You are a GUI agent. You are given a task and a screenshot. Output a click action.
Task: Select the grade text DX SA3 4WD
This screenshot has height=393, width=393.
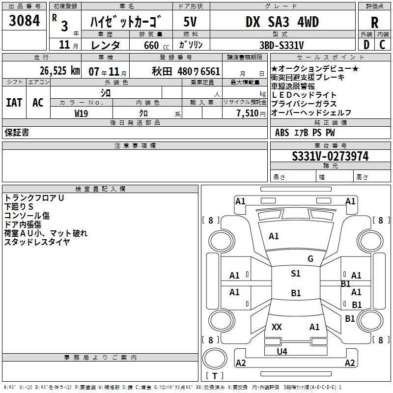tap(282, 22)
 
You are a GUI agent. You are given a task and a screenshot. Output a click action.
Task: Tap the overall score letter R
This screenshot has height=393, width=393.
tap(374, 22)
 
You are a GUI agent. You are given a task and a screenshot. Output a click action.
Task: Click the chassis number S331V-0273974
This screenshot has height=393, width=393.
tap(330, 156)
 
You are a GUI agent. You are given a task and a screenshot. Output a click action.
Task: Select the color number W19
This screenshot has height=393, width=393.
tap(82, 112)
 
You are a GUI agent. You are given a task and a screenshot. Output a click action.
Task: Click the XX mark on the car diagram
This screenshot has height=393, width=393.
tap(277, 327)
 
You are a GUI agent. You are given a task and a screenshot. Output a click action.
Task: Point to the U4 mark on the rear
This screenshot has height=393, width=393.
tap(282, 351)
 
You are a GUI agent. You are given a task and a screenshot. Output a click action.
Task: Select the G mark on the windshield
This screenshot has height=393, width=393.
tap(310, 259)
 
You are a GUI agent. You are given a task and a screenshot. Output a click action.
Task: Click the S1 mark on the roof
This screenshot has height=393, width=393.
tap(296, 274)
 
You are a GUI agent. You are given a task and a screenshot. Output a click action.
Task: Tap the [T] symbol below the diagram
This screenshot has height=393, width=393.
tap(215, 376)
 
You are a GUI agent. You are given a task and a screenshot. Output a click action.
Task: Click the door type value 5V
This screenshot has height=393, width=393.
tap(191, 22)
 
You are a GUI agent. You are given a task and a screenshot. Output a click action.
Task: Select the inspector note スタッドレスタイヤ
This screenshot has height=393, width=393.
tap(37, 242)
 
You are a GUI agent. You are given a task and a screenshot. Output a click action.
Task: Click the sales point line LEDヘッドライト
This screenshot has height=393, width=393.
tap(304, 95)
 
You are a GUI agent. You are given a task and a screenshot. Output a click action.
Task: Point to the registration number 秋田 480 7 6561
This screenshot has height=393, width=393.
tap(187, 71)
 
